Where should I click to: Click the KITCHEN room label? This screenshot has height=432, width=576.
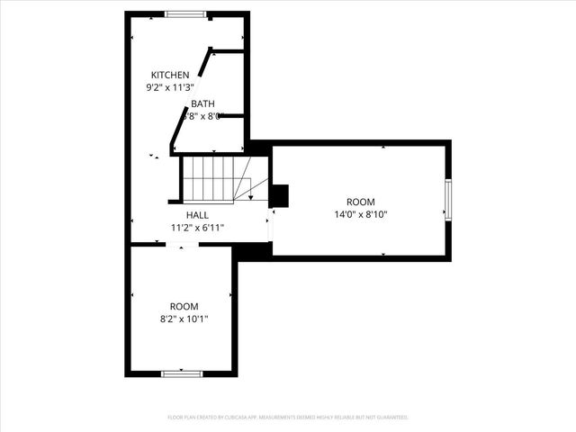point(170,75)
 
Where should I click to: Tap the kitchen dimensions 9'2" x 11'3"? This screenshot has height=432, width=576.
point(170,87)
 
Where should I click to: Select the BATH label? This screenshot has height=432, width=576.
point(202,103)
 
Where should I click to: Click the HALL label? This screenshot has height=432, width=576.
point(197,215)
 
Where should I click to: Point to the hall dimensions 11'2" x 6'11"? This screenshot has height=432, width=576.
point(197,228)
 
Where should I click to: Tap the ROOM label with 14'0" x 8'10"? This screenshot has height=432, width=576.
point(361,202)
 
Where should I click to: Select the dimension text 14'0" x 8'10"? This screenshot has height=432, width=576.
point(361,214)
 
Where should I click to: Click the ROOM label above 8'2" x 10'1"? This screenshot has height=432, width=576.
point(184,306)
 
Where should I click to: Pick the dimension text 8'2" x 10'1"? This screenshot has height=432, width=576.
point(184,319)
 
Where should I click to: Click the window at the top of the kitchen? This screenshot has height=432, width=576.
point(185,13)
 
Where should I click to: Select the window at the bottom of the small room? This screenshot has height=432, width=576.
point(180,373)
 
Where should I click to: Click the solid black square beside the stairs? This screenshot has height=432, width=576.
point(279,195)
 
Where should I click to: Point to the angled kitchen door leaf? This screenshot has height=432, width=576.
point(206,63)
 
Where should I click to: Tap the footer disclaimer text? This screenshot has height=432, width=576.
point(288,418)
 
